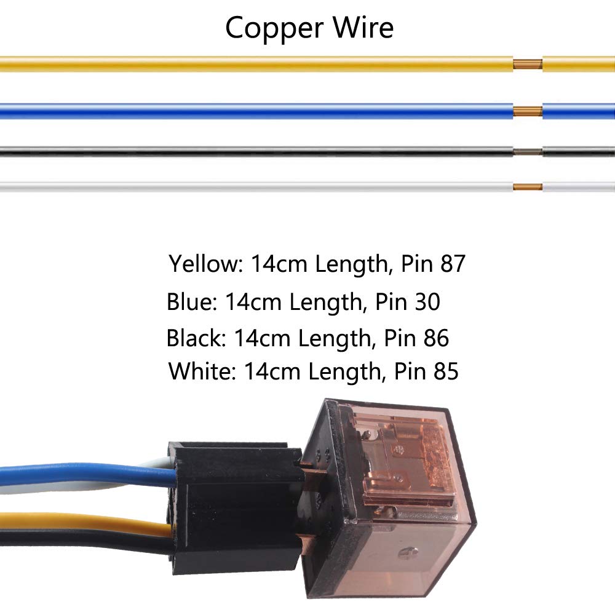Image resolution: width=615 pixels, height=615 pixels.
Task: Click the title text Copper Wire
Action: [309, 28]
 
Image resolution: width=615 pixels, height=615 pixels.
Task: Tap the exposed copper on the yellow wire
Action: [528, 64]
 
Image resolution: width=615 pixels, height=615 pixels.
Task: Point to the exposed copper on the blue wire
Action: [528, 111]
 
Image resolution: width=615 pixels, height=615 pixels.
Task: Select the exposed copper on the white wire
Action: [528, 186]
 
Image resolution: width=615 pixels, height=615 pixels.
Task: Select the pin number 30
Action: [427, 302]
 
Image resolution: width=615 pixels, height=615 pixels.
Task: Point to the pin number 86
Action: [436, 338]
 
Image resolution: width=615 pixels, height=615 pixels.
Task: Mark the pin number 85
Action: [445, 371]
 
